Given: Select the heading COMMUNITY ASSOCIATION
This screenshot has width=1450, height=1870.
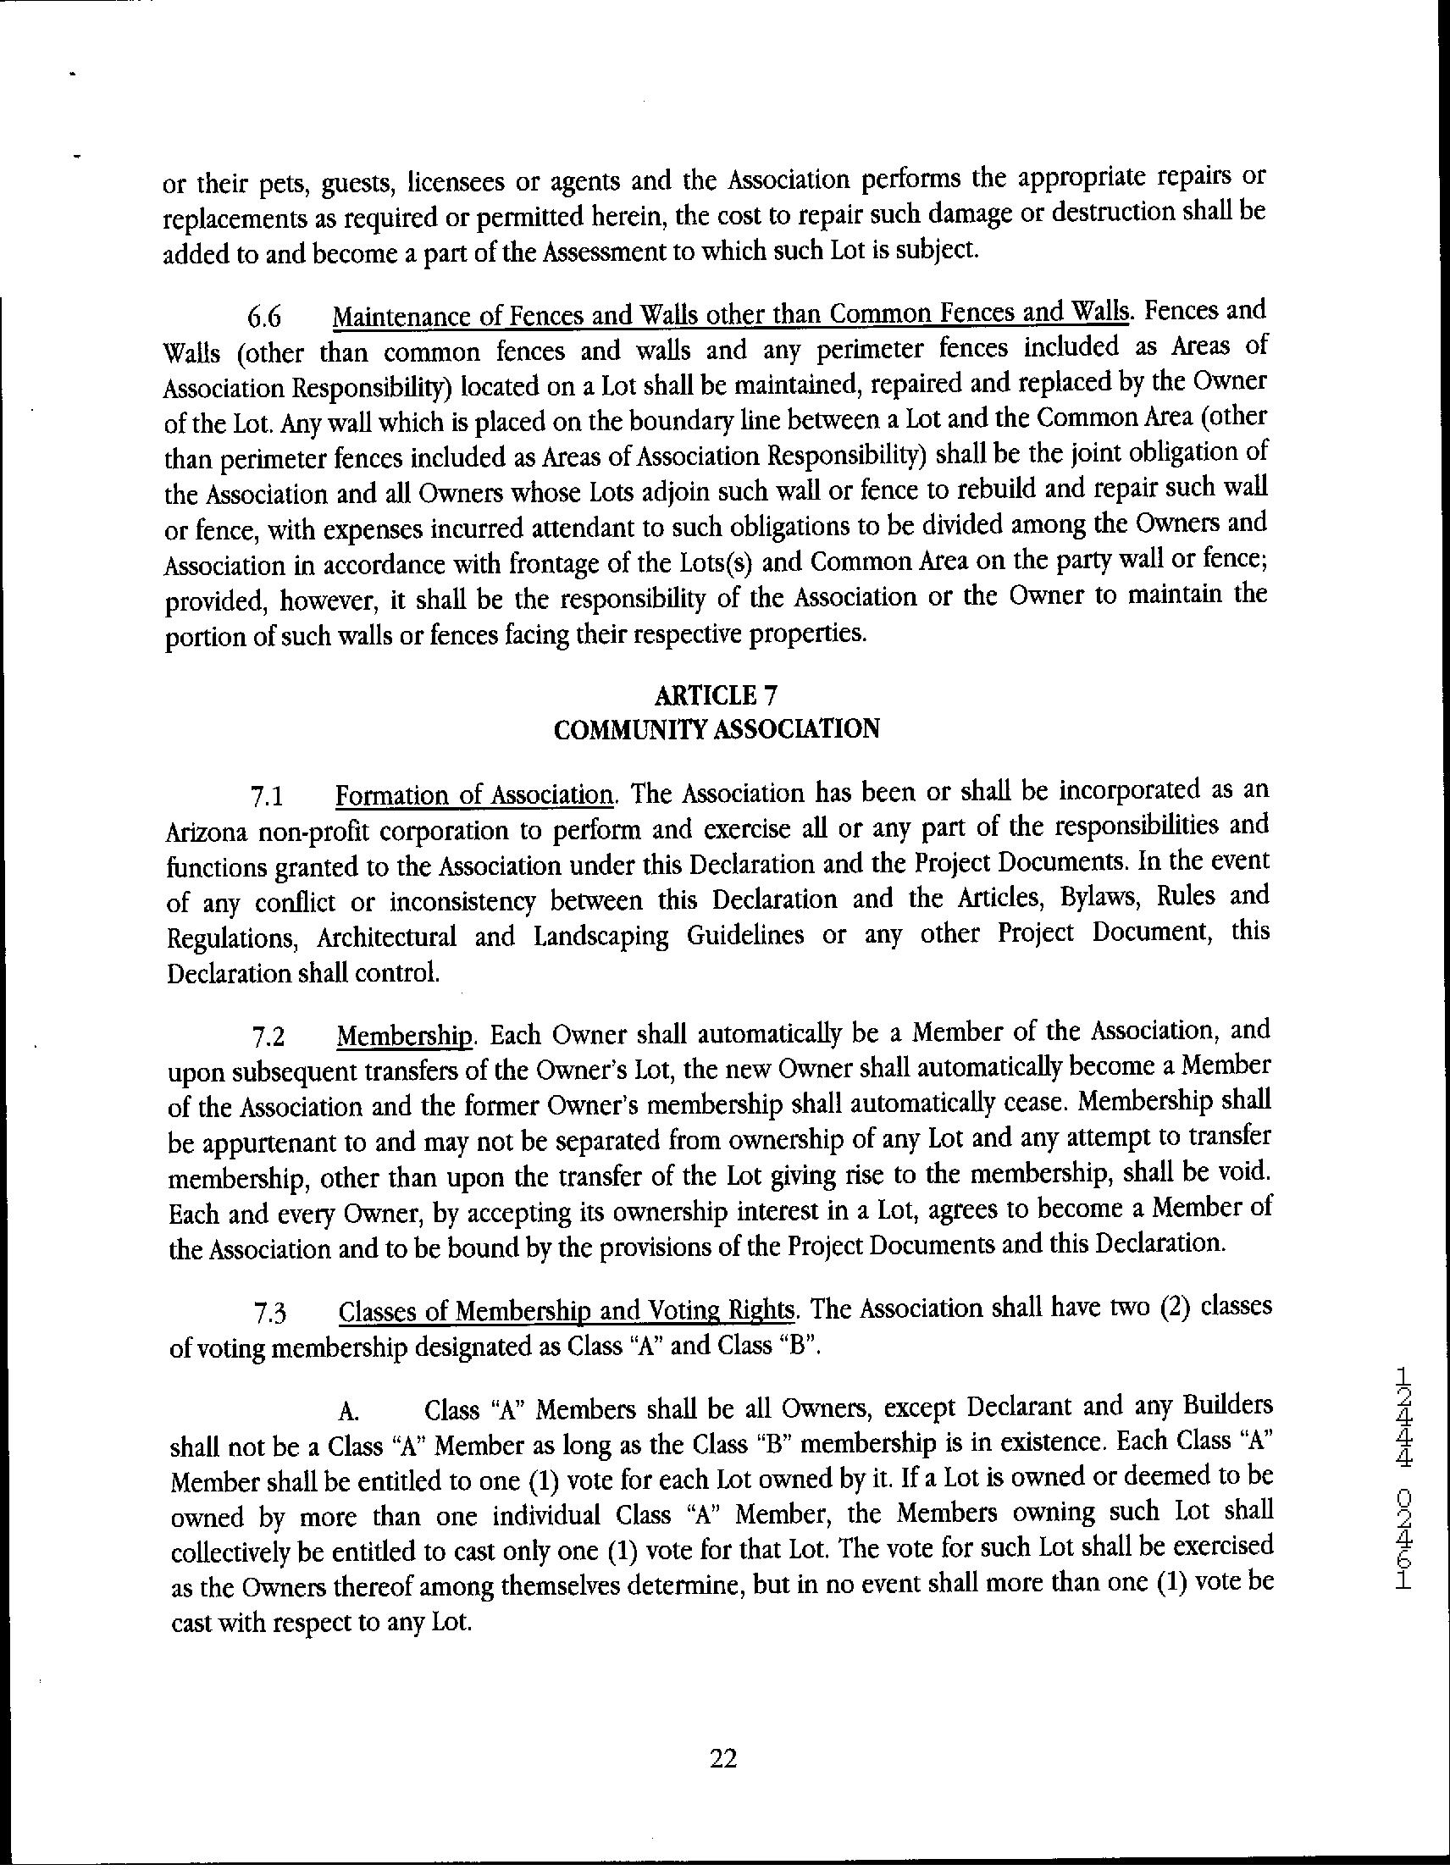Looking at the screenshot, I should [x=716, y=728].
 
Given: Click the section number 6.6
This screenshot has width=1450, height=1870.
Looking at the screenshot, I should [x=264, y=318].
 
